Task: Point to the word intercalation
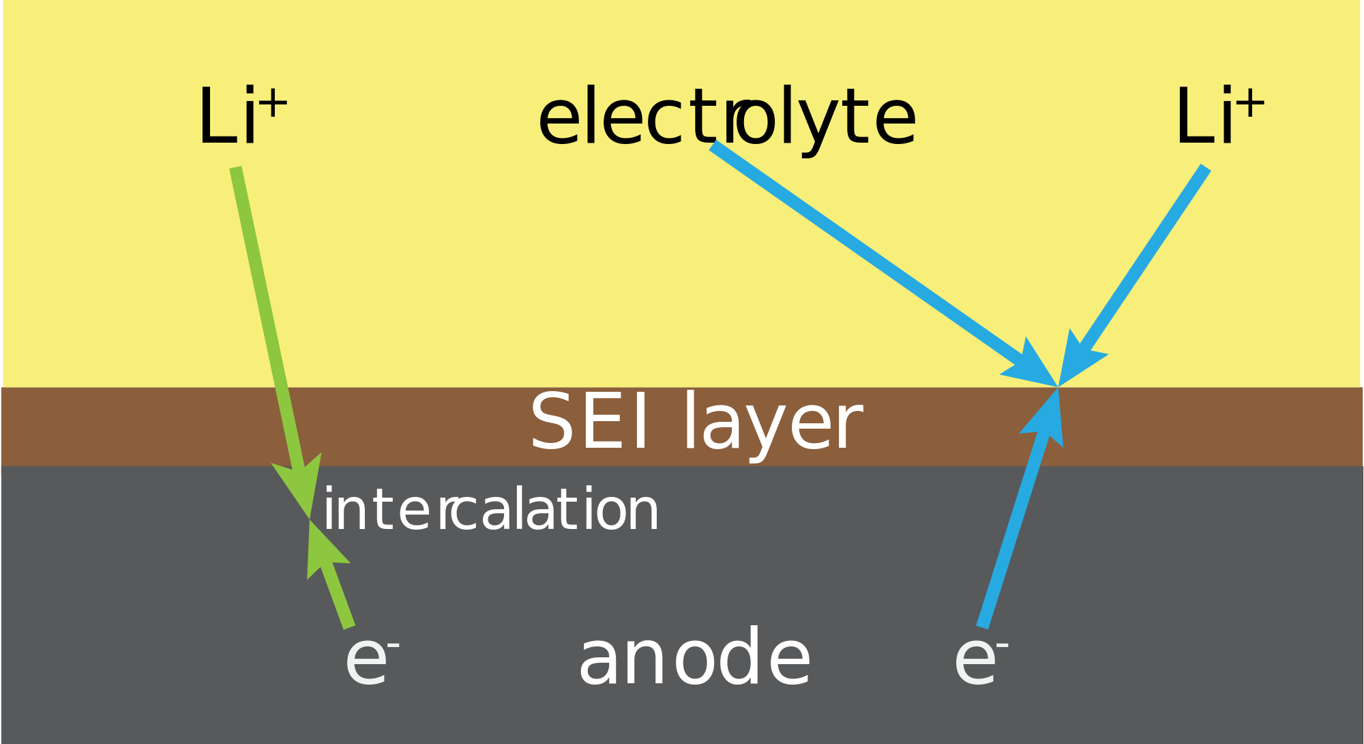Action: tap(491, 509)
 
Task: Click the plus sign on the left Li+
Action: tap(273, 104)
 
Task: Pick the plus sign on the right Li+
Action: tap(1251, 104)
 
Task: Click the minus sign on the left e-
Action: tap(394, 644)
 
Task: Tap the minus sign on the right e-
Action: tap(1003, 644)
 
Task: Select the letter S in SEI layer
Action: tap(551, 422)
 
